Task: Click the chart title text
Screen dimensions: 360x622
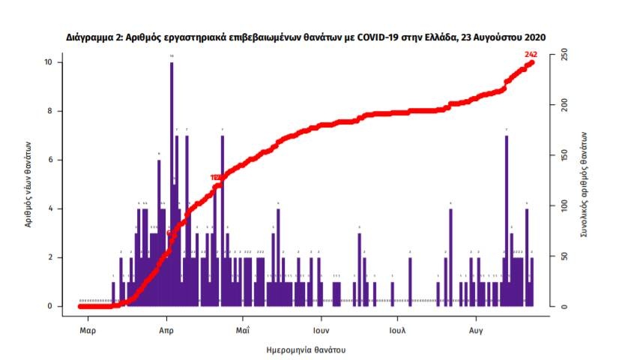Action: pyautogui.click(x=306, y=37)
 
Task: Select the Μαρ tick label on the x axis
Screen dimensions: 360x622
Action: pyautogui.click(x=87, y=329)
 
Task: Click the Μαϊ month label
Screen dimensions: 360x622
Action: pyautogui.click(x=241, y=329)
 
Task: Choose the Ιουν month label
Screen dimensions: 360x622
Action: pyautogui.click(x=321, y=329)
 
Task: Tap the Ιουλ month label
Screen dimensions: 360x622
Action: pyautogui.click(x=397, y=329)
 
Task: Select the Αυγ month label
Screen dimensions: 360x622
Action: pyautogui.click(x=475, y=329)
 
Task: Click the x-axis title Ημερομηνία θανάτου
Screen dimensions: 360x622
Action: pyautogui.click(x=307, y=350)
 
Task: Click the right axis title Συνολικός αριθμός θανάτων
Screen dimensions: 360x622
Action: pyautogui.click(x=583, y=184)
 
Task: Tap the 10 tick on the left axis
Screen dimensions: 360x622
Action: pyautogui.click(x=48, y=62)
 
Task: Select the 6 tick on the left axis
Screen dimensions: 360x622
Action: pyautogui.click(x=50, y=160)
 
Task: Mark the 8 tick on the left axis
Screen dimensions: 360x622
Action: pyautogui.click(x=50, y=111)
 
